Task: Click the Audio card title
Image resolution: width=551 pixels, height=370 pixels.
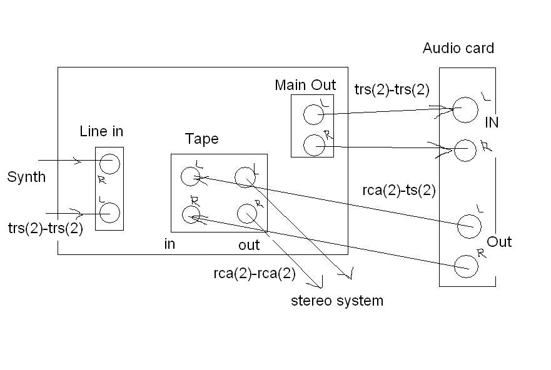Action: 458,48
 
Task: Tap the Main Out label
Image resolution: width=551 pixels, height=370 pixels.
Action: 305,85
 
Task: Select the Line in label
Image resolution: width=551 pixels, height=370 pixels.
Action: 101,131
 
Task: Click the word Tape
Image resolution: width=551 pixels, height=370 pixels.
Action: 201,139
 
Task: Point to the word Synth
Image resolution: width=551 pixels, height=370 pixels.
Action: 26,177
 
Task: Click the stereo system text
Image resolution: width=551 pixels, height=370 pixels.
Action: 337,301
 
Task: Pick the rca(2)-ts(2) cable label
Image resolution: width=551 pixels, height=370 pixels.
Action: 399,191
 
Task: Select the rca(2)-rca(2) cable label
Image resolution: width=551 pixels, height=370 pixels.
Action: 255,273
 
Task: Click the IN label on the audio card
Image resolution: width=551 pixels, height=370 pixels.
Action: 492,122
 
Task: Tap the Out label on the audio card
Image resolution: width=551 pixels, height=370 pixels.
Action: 499,242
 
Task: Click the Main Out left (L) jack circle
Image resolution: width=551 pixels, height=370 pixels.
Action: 313,115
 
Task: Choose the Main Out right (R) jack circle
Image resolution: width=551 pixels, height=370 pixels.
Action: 313,145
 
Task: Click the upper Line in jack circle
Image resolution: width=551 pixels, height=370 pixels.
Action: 109,164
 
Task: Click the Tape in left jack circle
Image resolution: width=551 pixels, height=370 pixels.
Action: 190,177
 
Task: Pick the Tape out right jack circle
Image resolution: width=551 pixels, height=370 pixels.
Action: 246,213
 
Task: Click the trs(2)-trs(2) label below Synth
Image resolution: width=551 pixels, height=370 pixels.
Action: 46,228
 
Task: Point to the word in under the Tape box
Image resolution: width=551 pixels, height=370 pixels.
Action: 169,244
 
